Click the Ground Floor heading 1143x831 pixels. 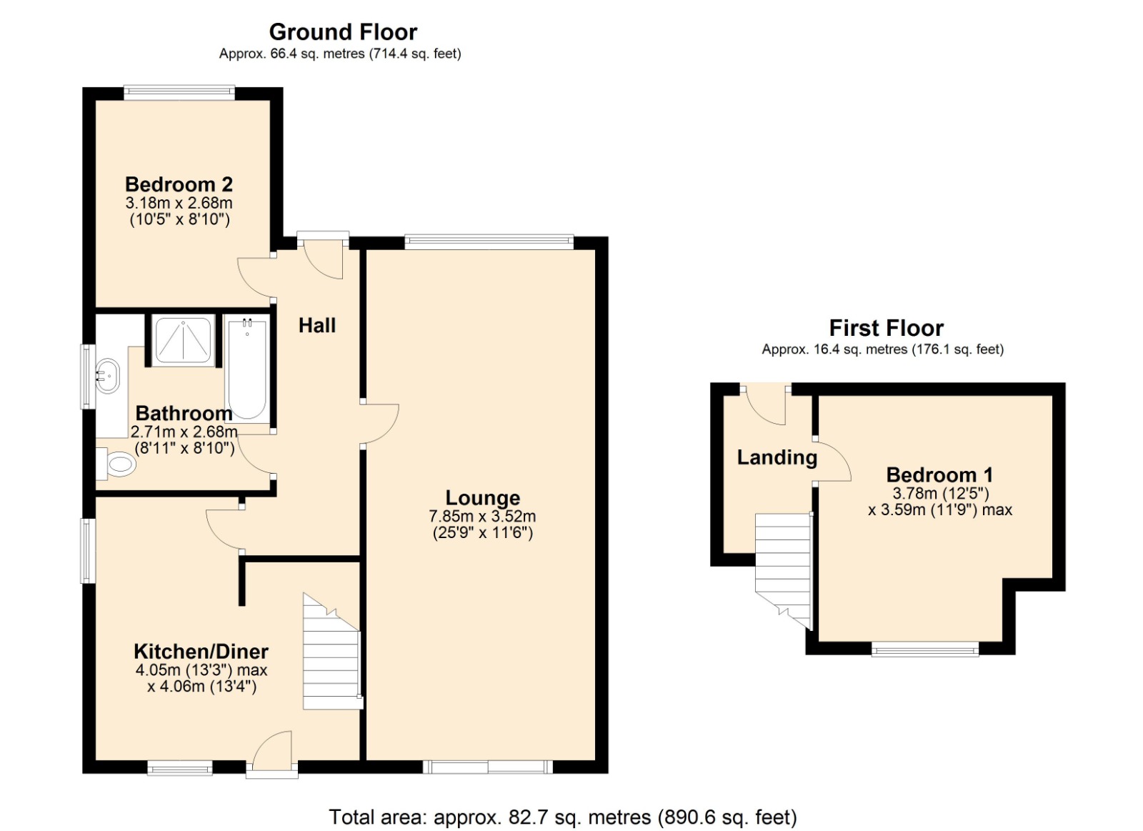(x=343, y=32)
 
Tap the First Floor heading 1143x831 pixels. (x=886, y=328)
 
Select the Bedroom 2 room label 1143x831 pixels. (x=179, y=184)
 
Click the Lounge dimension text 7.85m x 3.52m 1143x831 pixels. (x=482, y=516)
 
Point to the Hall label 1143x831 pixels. (x=316, y=325)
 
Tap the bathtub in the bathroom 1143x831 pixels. (x=247, y=369)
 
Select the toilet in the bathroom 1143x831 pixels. (x=116, y=464)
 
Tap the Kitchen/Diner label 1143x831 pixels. (x=201, y=651)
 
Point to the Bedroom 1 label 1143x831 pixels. (x=939, y=474)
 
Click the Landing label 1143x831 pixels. (x=777, y=457)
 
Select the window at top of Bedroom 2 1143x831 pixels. (x=179, y=91)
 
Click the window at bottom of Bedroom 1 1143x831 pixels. (x=924, y=649)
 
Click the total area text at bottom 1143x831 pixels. (x=562, y=817)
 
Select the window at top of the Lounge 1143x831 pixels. (x=489, y=241)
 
